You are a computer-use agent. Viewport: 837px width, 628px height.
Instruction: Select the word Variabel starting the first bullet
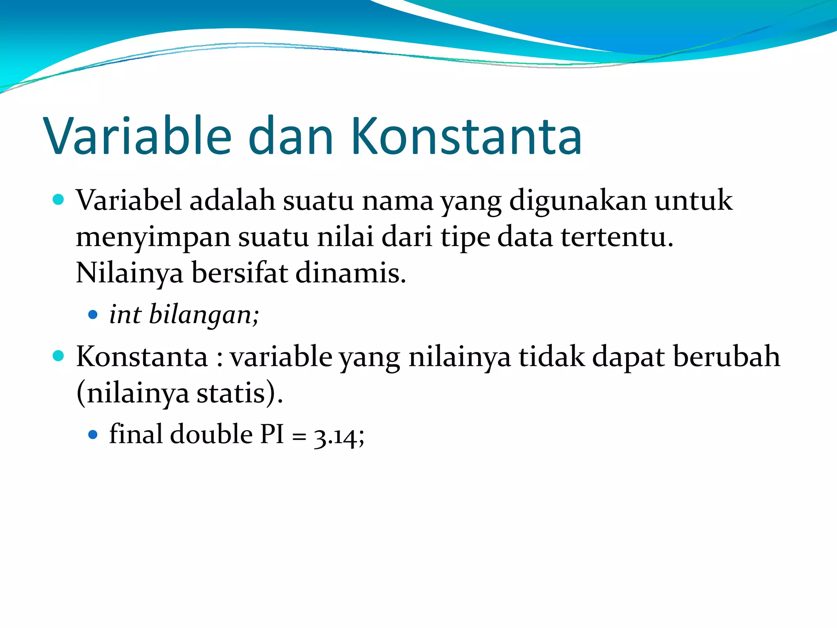tap(129, 200)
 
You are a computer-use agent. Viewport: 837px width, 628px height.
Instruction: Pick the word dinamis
tap(350, 273)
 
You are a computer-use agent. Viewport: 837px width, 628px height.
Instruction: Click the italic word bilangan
tap(204, 314)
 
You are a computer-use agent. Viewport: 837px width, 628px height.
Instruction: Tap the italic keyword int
tap(125, 314)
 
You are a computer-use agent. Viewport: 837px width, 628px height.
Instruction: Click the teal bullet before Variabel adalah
tap(59, 200)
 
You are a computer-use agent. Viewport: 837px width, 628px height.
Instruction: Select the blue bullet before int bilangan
tap(93, 314)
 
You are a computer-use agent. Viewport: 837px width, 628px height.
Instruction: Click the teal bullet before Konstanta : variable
tap(59, 356)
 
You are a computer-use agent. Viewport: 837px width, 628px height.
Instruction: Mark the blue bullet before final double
tap(93, 434)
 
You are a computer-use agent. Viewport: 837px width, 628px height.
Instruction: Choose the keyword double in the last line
tap(211, 434)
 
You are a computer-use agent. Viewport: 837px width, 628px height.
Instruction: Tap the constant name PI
tap(272, 434)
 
